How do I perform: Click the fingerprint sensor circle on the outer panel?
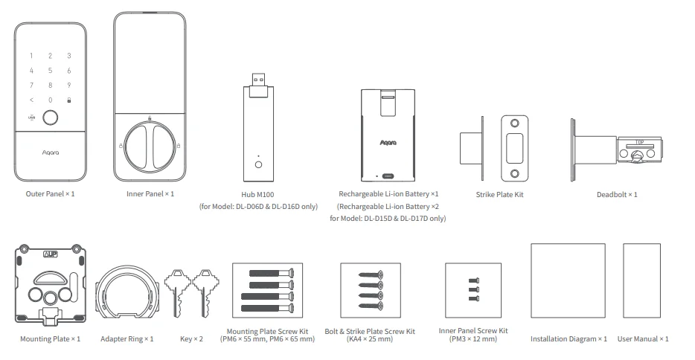pos(50,117)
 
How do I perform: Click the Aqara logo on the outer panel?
pos(50,150)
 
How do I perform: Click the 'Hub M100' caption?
pos(258,195)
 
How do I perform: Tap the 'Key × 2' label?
pos(192,338)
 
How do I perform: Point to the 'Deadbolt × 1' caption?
pos(617,195)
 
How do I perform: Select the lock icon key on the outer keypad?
pos(69,100)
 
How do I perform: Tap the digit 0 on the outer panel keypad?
pos(50,100)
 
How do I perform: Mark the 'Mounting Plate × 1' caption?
pos(50,338)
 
